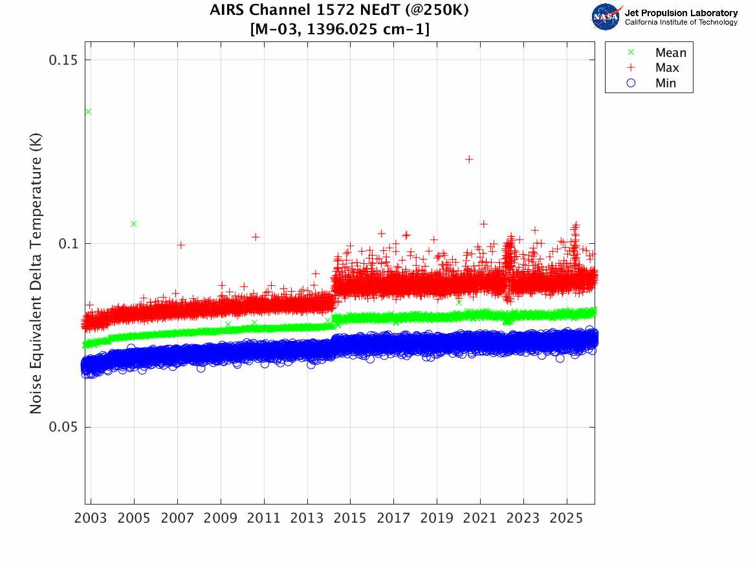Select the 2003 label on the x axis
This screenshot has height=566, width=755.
click(x=91, y=518)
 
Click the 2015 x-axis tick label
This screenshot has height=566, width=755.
click(x=350, y=518)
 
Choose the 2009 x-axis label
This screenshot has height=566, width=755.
click(x=221, y=518)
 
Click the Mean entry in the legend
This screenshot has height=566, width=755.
click(x=670, y=53)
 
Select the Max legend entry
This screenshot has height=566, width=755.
click(x=667, y=68)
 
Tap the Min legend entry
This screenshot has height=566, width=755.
click(x=666, y=83)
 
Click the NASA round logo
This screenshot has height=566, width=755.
click(x=606, y=16)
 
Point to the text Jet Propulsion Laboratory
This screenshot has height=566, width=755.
click(x=681, y=12)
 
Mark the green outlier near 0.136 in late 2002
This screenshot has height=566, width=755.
click(x=88, y=112)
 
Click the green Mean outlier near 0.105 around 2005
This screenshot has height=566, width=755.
click(x=134, y=224)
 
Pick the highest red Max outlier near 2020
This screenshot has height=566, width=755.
click(x=469, y=159)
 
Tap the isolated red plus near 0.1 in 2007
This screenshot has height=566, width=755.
click(x=181, y=245)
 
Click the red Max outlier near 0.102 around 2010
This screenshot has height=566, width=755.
click(x=256, y=237)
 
